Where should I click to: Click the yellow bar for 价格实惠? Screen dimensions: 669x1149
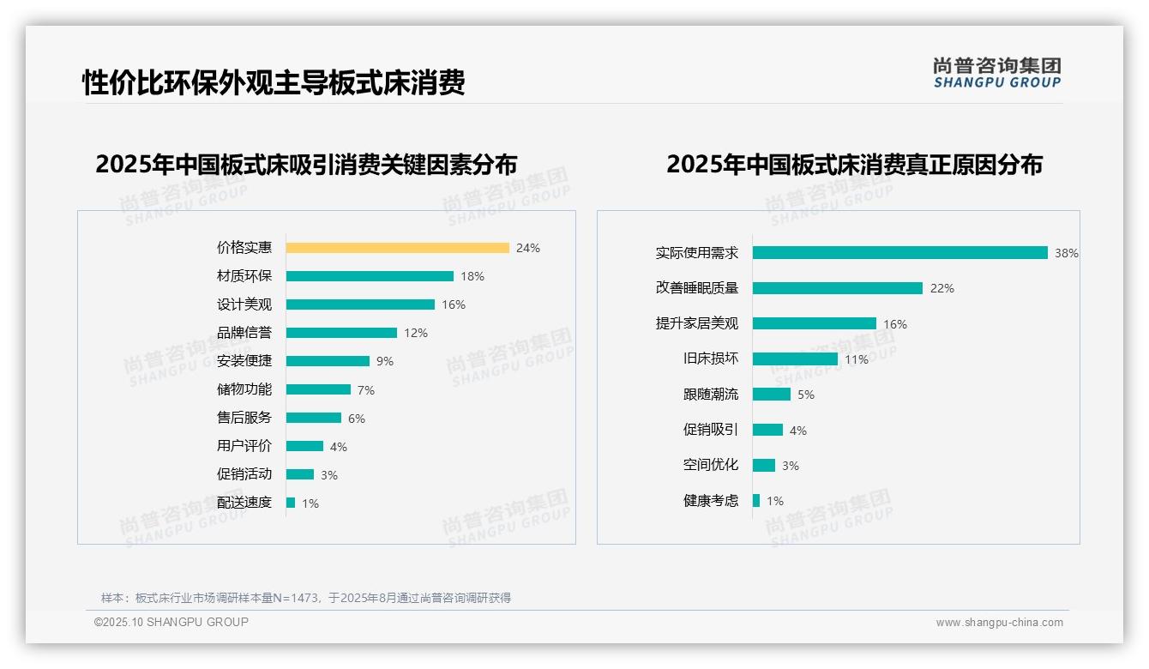tap(397, 248)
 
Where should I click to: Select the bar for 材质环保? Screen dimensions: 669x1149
tap(370, 276)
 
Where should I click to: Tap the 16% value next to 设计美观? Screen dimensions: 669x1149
tap(454, 304)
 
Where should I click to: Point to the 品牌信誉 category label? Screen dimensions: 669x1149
tap(244, 333)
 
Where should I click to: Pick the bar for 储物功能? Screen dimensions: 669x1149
tap(318, 389)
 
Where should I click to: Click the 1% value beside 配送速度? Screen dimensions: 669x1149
tap(310, 503)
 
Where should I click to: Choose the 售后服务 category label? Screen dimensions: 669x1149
tap(244, 418)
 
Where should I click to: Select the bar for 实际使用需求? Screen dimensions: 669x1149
tap(900, 253)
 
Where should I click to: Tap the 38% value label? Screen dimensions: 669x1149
tap(1067, 253)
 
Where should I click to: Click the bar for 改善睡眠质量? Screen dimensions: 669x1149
tap(838, 288)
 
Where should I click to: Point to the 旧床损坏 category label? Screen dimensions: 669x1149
tap(711, 359)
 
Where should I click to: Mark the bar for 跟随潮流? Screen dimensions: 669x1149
tap(772, 395)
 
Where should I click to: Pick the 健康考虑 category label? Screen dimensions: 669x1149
tap(711, 501)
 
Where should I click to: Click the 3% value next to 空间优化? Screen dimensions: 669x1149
tap(791, 466)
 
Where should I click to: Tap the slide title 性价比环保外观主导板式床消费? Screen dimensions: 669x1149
tap(274, 83)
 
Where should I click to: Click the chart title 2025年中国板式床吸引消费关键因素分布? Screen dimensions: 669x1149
tap(306, 164)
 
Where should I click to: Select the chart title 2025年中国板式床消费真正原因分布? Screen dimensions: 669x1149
tap(854, 164)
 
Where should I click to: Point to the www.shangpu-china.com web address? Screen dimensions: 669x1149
tap(999, 623)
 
